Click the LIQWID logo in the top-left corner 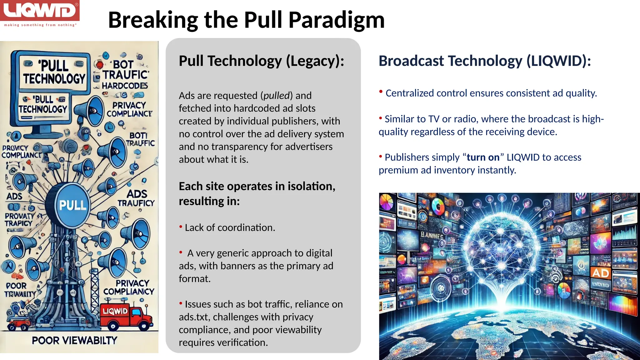pos(40,11)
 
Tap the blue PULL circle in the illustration pos(72,205)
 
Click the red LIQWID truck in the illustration pos(125,316)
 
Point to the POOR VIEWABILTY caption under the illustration pos(74,340)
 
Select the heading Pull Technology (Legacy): pos(261,61)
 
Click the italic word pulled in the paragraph pos(276,96)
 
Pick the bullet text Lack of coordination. pos(230,228)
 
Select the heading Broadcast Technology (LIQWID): pos(485,61)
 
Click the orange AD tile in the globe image pos(601,273)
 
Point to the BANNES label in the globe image pos(432,235)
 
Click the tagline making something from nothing pos(40,25)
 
